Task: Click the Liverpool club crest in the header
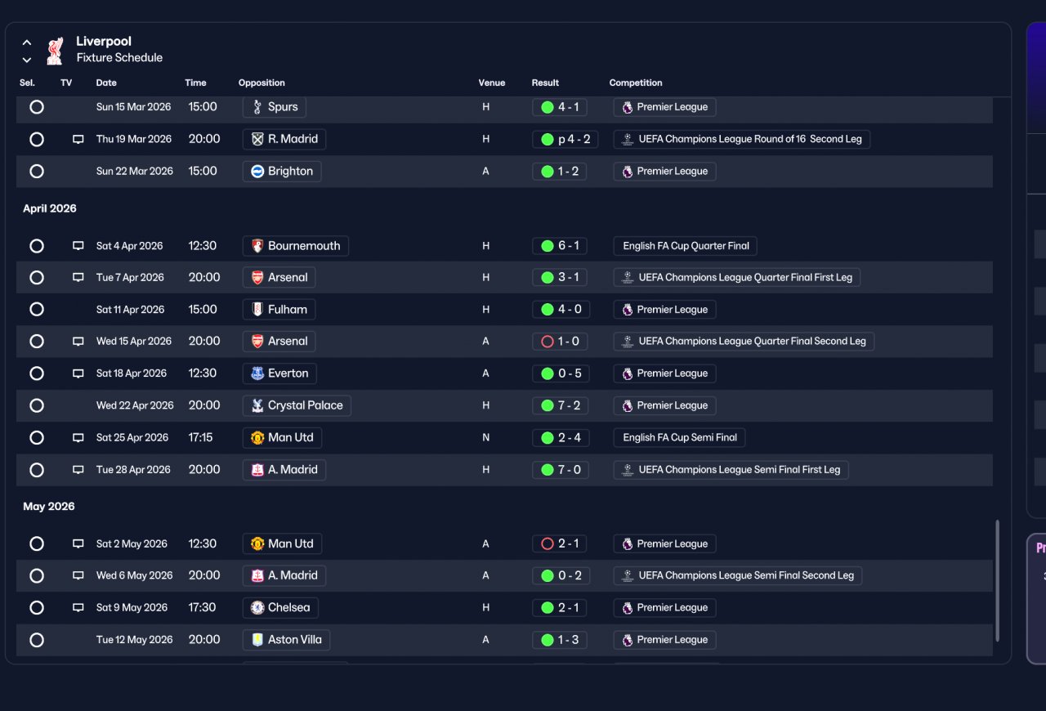(x=55, y=51)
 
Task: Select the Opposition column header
(x=261, y=83)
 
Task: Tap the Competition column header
(x=636, y=83)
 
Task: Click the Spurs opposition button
(x=275, y=107)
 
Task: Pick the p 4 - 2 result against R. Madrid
(x=565, y=139)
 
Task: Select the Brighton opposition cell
(x=282, y=172)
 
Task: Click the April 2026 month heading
(x=50, y=208)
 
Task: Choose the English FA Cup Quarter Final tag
(x=685, y=246)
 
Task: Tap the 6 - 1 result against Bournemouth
(x=560, y=246)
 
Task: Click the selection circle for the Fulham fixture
(x=37, y=309)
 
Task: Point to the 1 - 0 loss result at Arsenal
(x=560, y=342)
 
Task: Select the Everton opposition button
(x=279, y=373)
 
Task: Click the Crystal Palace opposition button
(x=297, y=405)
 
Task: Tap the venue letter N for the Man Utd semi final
(x=485, y=438)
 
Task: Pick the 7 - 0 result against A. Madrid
(x=561, y=469)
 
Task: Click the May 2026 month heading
(x=48, y=507)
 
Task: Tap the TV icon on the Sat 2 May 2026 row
(x=78, y=543)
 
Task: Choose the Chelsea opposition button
(x=280, y=608)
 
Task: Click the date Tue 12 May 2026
(x=135, y=640)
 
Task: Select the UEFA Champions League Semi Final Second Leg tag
(x=738, y=575)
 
